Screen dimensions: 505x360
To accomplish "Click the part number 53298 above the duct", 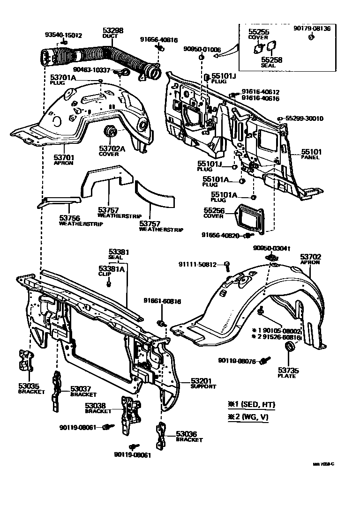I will tap(113, 30).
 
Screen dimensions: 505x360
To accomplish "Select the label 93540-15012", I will tap(63, 35).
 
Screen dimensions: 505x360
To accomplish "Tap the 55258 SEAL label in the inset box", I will tap(268, 62).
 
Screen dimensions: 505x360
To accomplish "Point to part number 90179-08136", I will tap(312, 29).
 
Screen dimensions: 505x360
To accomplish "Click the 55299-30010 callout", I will tap(304, 119).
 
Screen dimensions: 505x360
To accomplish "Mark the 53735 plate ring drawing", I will tap(290, 348).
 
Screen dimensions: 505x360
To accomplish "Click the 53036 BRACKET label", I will tap(189, 437).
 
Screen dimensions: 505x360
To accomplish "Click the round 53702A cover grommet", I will tap(112, 132).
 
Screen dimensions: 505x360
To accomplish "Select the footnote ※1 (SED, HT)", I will tap(251, 404).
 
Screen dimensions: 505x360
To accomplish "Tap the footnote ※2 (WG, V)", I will tap(248, 416).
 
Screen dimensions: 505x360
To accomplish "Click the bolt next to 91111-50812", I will tap(227, 266).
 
